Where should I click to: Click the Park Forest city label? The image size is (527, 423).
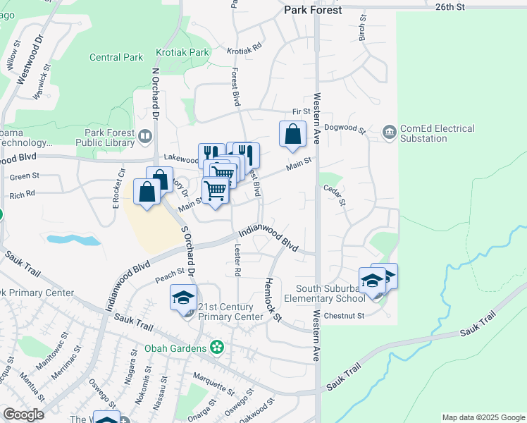click(x=313, y=10)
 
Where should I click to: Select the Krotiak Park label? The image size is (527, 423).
click(x=182, y=52)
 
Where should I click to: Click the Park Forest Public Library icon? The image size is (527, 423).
click(x=144, y=135)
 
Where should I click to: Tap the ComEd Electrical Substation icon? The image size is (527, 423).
click(x=389, y=131)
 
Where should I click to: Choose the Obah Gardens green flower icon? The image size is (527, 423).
click(x=217, y=348)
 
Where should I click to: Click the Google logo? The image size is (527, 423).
click(x=23, y=414)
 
